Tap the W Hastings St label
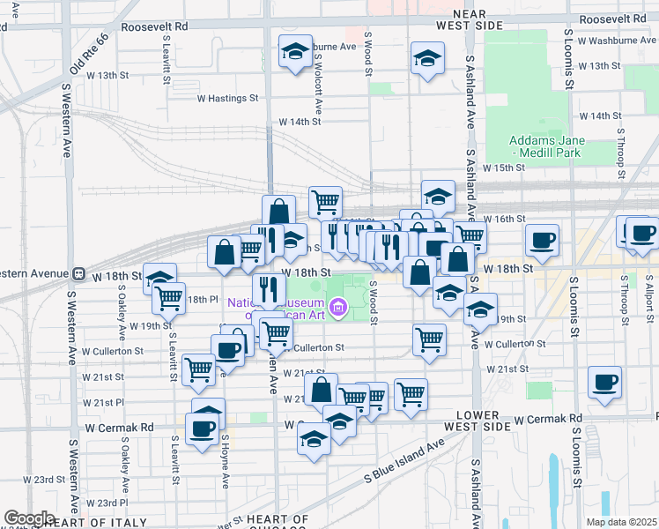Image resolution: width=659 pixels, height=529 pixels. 226,99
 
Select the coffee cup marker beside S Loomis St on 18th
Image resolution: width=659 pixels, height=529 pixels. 542,239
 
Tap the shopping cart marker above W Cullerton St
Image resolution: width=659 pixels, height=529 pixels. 429,339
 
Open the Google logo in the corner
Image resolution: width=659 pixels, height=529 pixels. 29,518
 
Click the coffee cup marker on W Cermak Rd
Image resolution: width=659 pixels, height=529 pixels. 202,429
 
